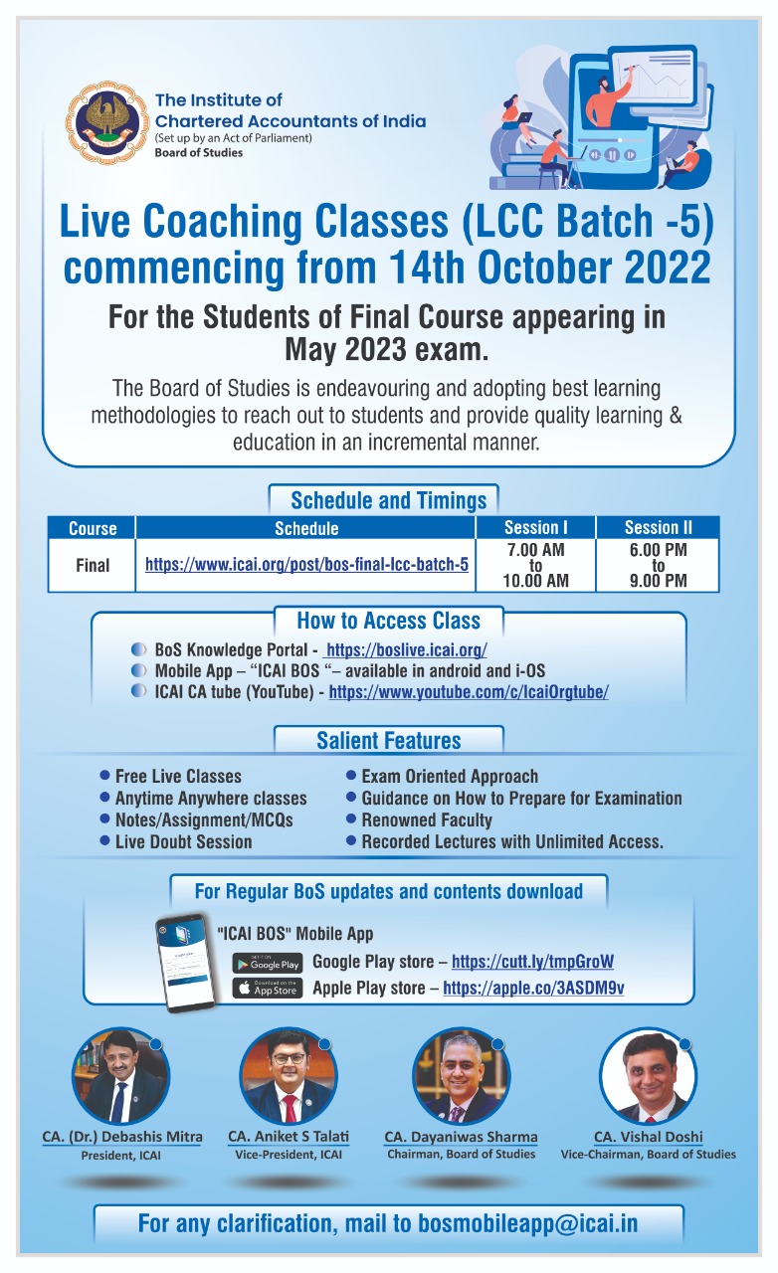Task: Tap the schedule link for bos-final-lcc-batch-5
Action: pos(306,565)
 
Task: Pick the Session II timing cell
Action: pos(658,565)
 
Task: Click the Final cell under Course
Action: pos(93,565)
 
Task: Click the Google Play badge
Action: pos(267,963)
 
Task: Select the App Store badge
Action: pos(267,988)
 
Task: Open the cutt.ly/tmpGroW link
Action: pos(532,962)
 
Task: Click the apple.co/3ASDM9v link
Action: pos(533,988)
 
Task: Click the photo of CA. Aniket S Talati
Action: pos(289,1077)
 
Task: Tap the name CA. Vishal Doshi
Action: pos(648,1137)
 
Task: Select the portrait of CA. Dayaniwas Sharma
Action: pos(461,1077)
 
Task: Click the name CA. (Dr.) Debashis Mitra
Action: pos(121,1137)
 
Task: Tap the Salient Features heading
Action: pos(388,741)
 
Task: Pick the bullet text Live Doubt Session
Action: pos(183,841)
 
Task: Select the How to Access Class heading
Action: pos(388,622)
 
